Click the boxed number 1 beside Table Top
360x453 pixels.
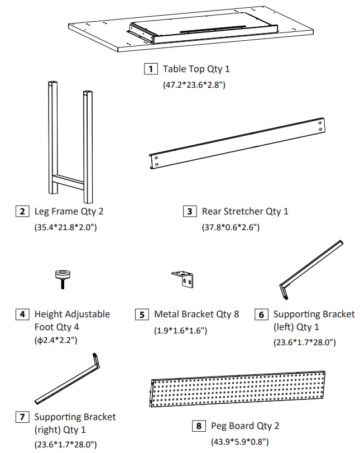click(x=150, y=69)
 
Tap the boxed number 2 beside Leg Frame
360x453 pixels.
click(x=22, y=211)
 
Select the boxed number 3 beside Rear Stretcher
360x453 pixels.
click(x=190, y=211)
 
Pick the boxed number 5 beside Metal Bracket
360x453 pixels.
click(x=142, y=314)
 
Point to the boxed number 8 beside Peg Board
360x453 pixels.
click(x=199, y=426)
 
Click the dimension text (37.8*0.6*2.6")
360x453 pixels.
click(x=231, y=227)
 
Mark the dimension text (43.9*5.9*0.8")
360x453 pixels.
click(x=238, y=442)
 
